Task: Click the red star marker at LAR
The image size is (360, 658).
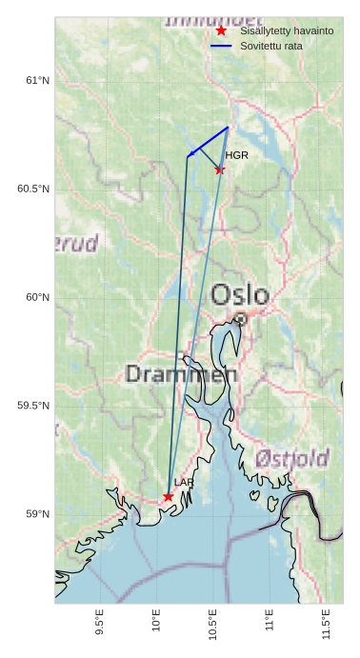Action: coord(169,496)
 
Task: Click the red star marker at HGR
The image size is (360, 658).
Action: coord(220,169)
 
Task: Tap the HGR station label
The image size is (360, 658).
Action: coord(236,154)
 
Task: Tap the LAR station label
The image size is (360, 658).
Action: coord(184,483)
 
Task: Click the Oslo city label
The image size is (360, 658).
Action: coord(240,294)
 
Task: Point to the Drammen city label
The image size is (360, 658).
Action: coord(181,373)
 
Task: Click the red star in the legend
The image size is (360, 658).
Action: coord(221,30)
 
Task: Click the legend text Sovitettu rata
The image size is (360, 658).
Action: coord(271,46)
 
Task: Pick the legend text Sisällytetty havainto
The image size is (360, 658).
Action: coord(287,30)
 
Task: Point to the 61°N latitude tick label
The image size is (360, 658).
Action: coord(37,81)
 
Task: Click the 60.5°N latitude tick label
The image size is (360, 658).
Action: coord(33,189)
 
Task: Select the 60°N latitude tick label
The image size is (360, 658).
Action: coord(37,297)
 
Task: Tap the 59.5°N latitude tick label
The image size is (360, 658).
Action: coord(33,406)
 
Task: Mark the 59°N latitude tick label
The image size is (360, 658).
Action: coord(37,514)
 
